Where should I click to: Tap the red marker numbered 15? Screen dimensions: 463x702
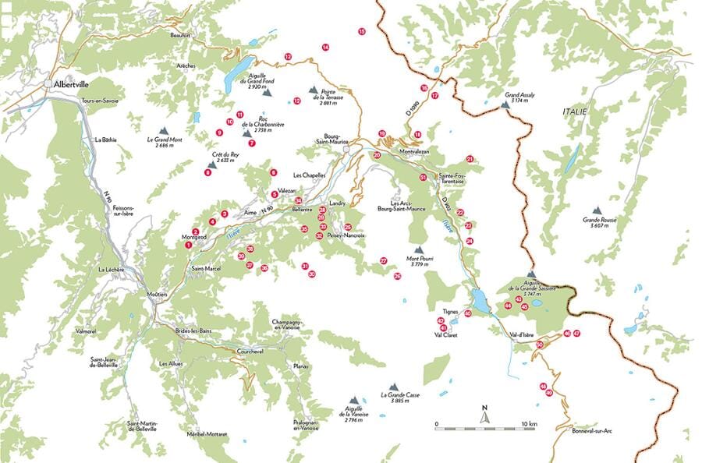click(362, 32)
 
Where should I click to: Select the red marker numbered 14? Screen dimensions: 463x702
click(325, 48)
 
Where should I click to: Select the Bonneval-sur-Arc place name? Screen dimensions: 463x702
click(594, 431)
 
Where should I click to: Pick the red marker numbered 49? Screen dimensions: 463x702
click(549, 393)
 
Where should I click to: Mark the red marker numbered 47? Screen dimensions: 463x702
click(577, 334)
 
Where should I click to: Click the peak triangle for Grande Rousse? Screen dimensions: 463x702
click(597, 210)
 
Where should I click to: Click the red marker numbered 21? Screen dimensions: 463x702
click(470, 159)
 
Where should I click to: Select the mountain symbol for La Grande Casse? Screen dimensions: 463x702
click(393, 387)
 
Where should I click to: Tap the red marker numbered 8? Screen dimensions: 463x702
click(207, 172)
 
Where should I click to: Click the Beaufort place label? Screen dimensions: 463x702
click(180, 35)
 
